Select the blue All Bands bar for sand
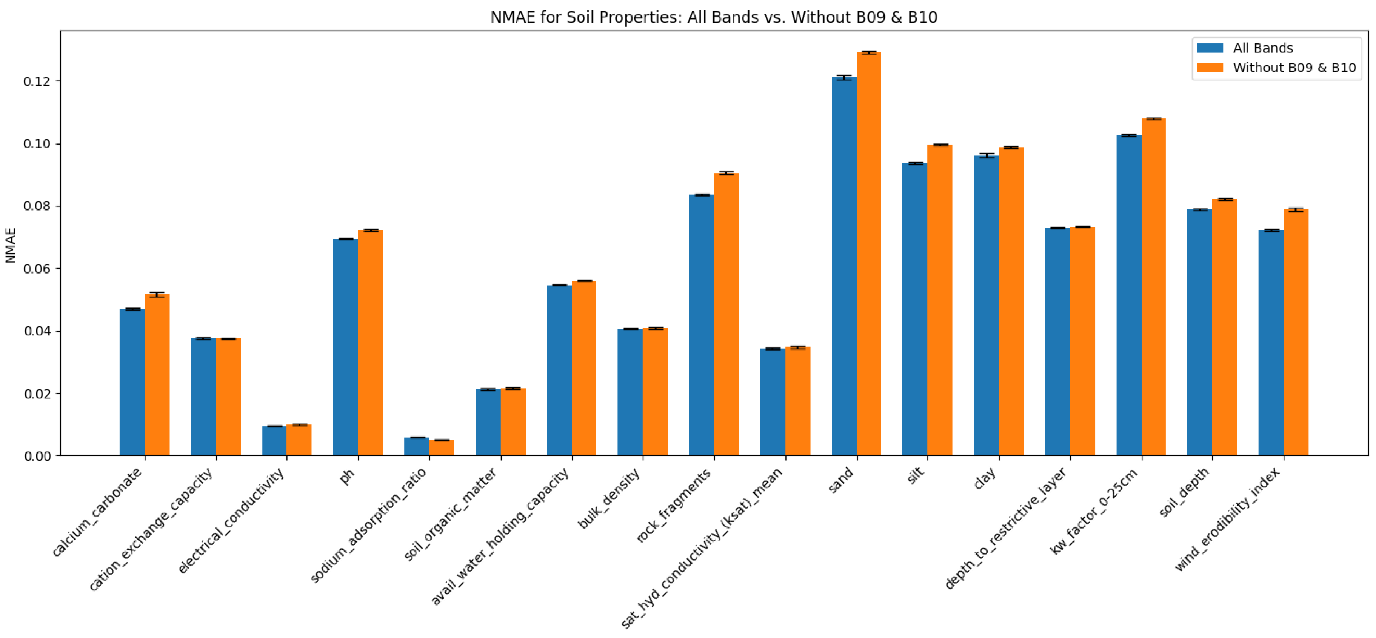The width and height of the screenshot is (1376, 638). tap(843, 267)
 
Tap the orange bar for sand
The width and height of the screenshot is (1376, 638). tap(868, 256)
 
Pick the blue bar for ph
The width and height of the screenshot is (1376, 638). tap(345, 347)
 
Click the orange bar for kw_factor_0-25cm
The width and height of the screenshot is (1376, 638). tap(1153, 288)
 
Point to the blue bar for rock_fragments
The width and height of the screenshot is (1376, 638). tap(701, 326)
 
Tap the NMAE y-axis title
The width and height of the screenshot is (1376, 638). tap(10, 245)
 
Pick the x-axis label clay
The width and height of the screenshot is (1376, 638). tap(985, 478)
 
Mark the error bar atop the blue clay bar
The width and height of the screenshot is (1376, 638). tap(986, 155)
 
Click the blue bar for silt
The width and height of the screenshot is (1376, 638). tap(914, 310)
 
